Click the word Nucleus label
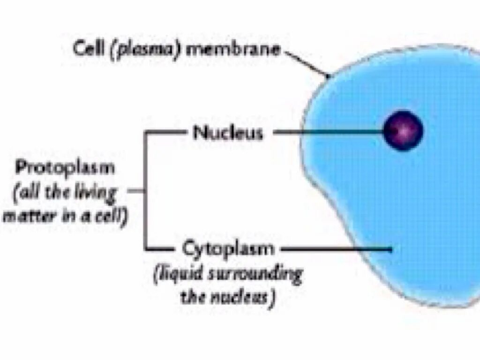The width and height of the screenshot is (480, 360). click(x=228, y=133)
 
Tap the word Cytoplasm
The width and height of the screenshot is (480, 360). click(x=228, y=248)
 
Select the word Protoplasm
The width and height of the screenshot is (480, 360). click(x=65, y=168)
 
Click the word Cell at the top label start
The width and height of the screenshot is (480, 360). click(x=89, y=49)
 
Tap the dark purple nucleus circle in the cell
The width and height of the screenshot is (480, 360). click(x=403, y=130)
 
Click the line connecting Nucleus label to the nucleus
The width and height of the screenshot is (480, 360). click(x=328, y=133)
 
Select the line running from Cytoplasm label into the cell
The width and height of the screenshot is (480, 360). click(x=337, y=249)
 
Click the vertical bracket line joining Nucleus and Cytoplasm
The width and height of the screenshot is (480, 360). click(x=145, y=191)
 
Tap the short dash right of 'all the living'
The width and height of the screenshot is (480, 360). click(x=135, y=191)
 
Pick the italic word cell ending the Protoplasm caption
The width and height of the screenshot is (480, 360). click(x=112, y=217)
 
